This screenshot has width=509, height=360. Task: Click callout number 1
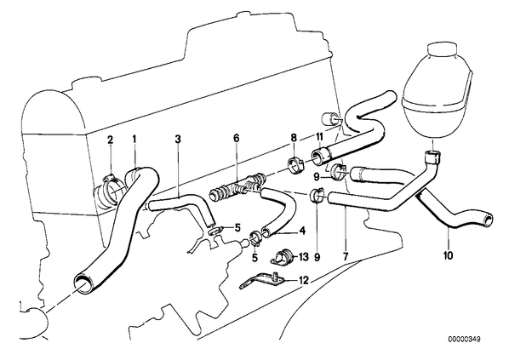point(134,140)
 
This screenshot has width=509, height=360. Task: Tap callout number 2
point(111,140)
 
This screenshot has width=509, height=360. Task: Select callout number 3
point(178,140)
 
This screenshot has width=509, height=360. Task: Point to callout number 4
point(302,231)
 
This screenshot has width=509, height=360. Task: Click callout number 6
point(236,138)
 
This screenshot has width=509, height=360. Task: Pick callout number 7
point(345,256)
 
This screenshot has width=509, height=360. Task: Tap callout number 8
point(294,137)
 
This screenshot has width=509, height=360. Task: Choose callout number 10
point(448,256)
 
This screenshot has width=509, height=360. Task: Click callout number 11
point(319,137)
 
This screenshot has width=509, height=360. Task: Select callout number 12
point(304,280)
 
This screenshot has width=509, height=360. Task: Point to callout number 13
point(303,257)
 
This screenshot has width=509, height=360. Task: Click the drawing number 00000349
point(464,340)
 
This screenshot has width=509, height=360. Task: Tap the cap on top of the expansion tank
point(442,49)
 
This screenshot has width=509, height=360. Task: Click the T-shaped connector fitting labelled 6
point(237,187)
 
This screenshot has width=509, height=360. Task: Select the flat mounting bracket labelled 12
point(262,281)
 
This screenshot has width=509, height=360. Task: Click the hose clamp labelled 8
point(296,164)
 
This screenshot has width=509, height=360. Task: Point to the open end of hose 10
point(487,220)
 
